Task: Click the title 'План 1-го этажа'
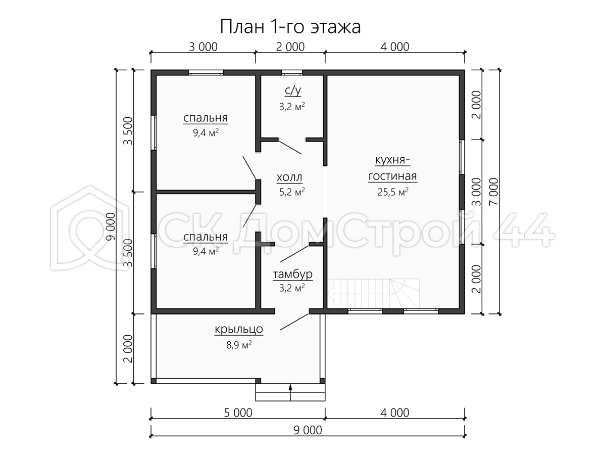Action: [290, 27]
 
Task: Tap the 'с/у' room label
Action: [292, 90]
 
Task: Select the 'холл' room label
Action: [289, 177]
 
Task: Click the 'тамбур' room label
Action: [292, 275]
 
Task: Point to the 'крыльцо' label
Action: [239, 329]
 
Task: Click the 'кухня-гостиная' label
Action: [392, 168]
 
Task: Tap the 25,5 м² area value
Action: [393, 192]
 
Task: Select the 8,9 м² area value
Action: [239, 345]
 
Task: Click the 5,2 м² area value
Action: [292, 192]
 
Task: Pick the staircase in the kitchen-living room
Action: [374, 293]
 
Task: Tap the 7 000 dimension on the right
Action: [493, 192]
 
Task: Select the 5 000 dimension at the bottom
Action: [238, 413]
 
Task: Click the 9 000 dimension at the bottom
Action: [308, 430]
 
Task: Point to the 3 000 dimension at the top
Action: [203, 47]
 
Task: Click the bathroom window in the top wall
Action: [292, 73]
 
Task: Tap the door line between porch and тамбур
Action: [294, 322]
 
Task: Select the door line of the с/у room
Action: [290, 148]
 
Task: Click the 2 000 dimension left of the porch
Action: [128, 349]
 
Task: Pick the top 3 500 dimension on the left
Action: [128, 130]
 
